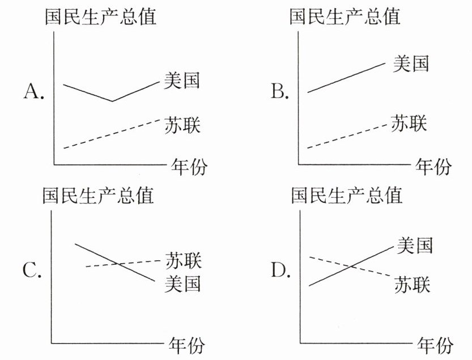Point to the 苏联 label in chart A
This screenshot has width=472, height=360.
(182, 124)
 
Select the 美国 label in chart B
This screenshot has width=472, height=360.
(411, 63)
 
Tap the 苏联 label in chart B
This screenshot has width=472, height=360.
(409, 123)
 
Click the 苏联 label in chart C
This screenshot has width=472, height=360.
(183, 261)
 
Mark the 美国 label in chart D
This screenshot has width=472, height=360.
(415, 245)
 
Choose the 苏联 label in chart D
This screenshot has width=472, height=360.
(413, 283)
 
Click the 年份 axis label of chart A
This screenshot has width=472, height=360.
(189, 167)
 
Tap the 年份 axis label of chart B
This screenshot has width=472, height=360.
(434, 167)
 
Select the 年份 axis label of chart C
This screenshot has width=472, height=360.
(186, 345)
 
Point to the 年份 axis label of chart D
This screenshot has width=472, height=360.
(435, 345)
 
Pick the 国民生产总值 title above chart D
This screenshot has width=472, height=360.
(346, 196)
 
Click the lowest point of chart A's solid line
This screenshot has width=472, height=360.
(112, 101)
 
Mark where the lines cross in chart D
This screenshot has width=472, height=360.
(351, 266)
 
